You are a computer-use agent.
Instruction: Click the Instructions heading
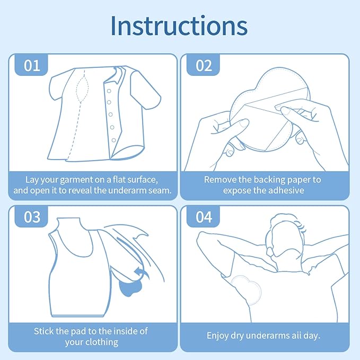(x=179, y=25)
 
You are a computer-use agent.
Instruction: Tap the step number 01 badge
(x=31, y=65)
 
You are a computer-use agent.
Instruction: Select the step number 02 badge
(x=204, y=65)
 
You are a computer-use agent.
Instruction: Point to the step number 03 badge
(x=31, y=217)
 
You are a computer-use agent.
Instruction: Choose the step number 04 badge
(x=204, y=217)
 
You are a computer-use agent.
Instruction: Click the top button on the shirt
(x=109, y=91)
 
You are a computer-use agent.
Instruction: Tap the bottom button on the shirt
(x=113, y=140)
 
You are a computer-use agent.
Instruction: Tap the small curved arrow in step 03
(x=141, y=273)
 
